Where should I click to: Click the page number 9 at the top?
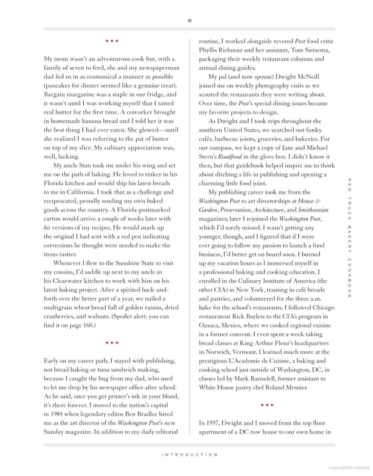(189, 20)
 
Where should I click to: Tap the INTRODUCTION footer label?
(189, 454)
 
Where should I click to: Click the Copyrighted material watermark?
(349, 468)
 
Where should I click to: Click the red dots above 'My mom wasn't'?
(112, 41)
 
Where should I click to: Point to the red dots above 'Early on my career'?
(112, 343)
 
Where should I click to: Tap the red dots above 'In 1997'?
(267, 405)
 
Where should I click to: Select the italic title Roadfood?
(230, 157)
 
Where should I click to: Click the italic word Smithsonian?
(313, 210)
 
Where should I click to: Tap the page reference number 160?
(88, 325)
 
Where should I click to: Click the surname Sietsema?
(317, 50)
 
